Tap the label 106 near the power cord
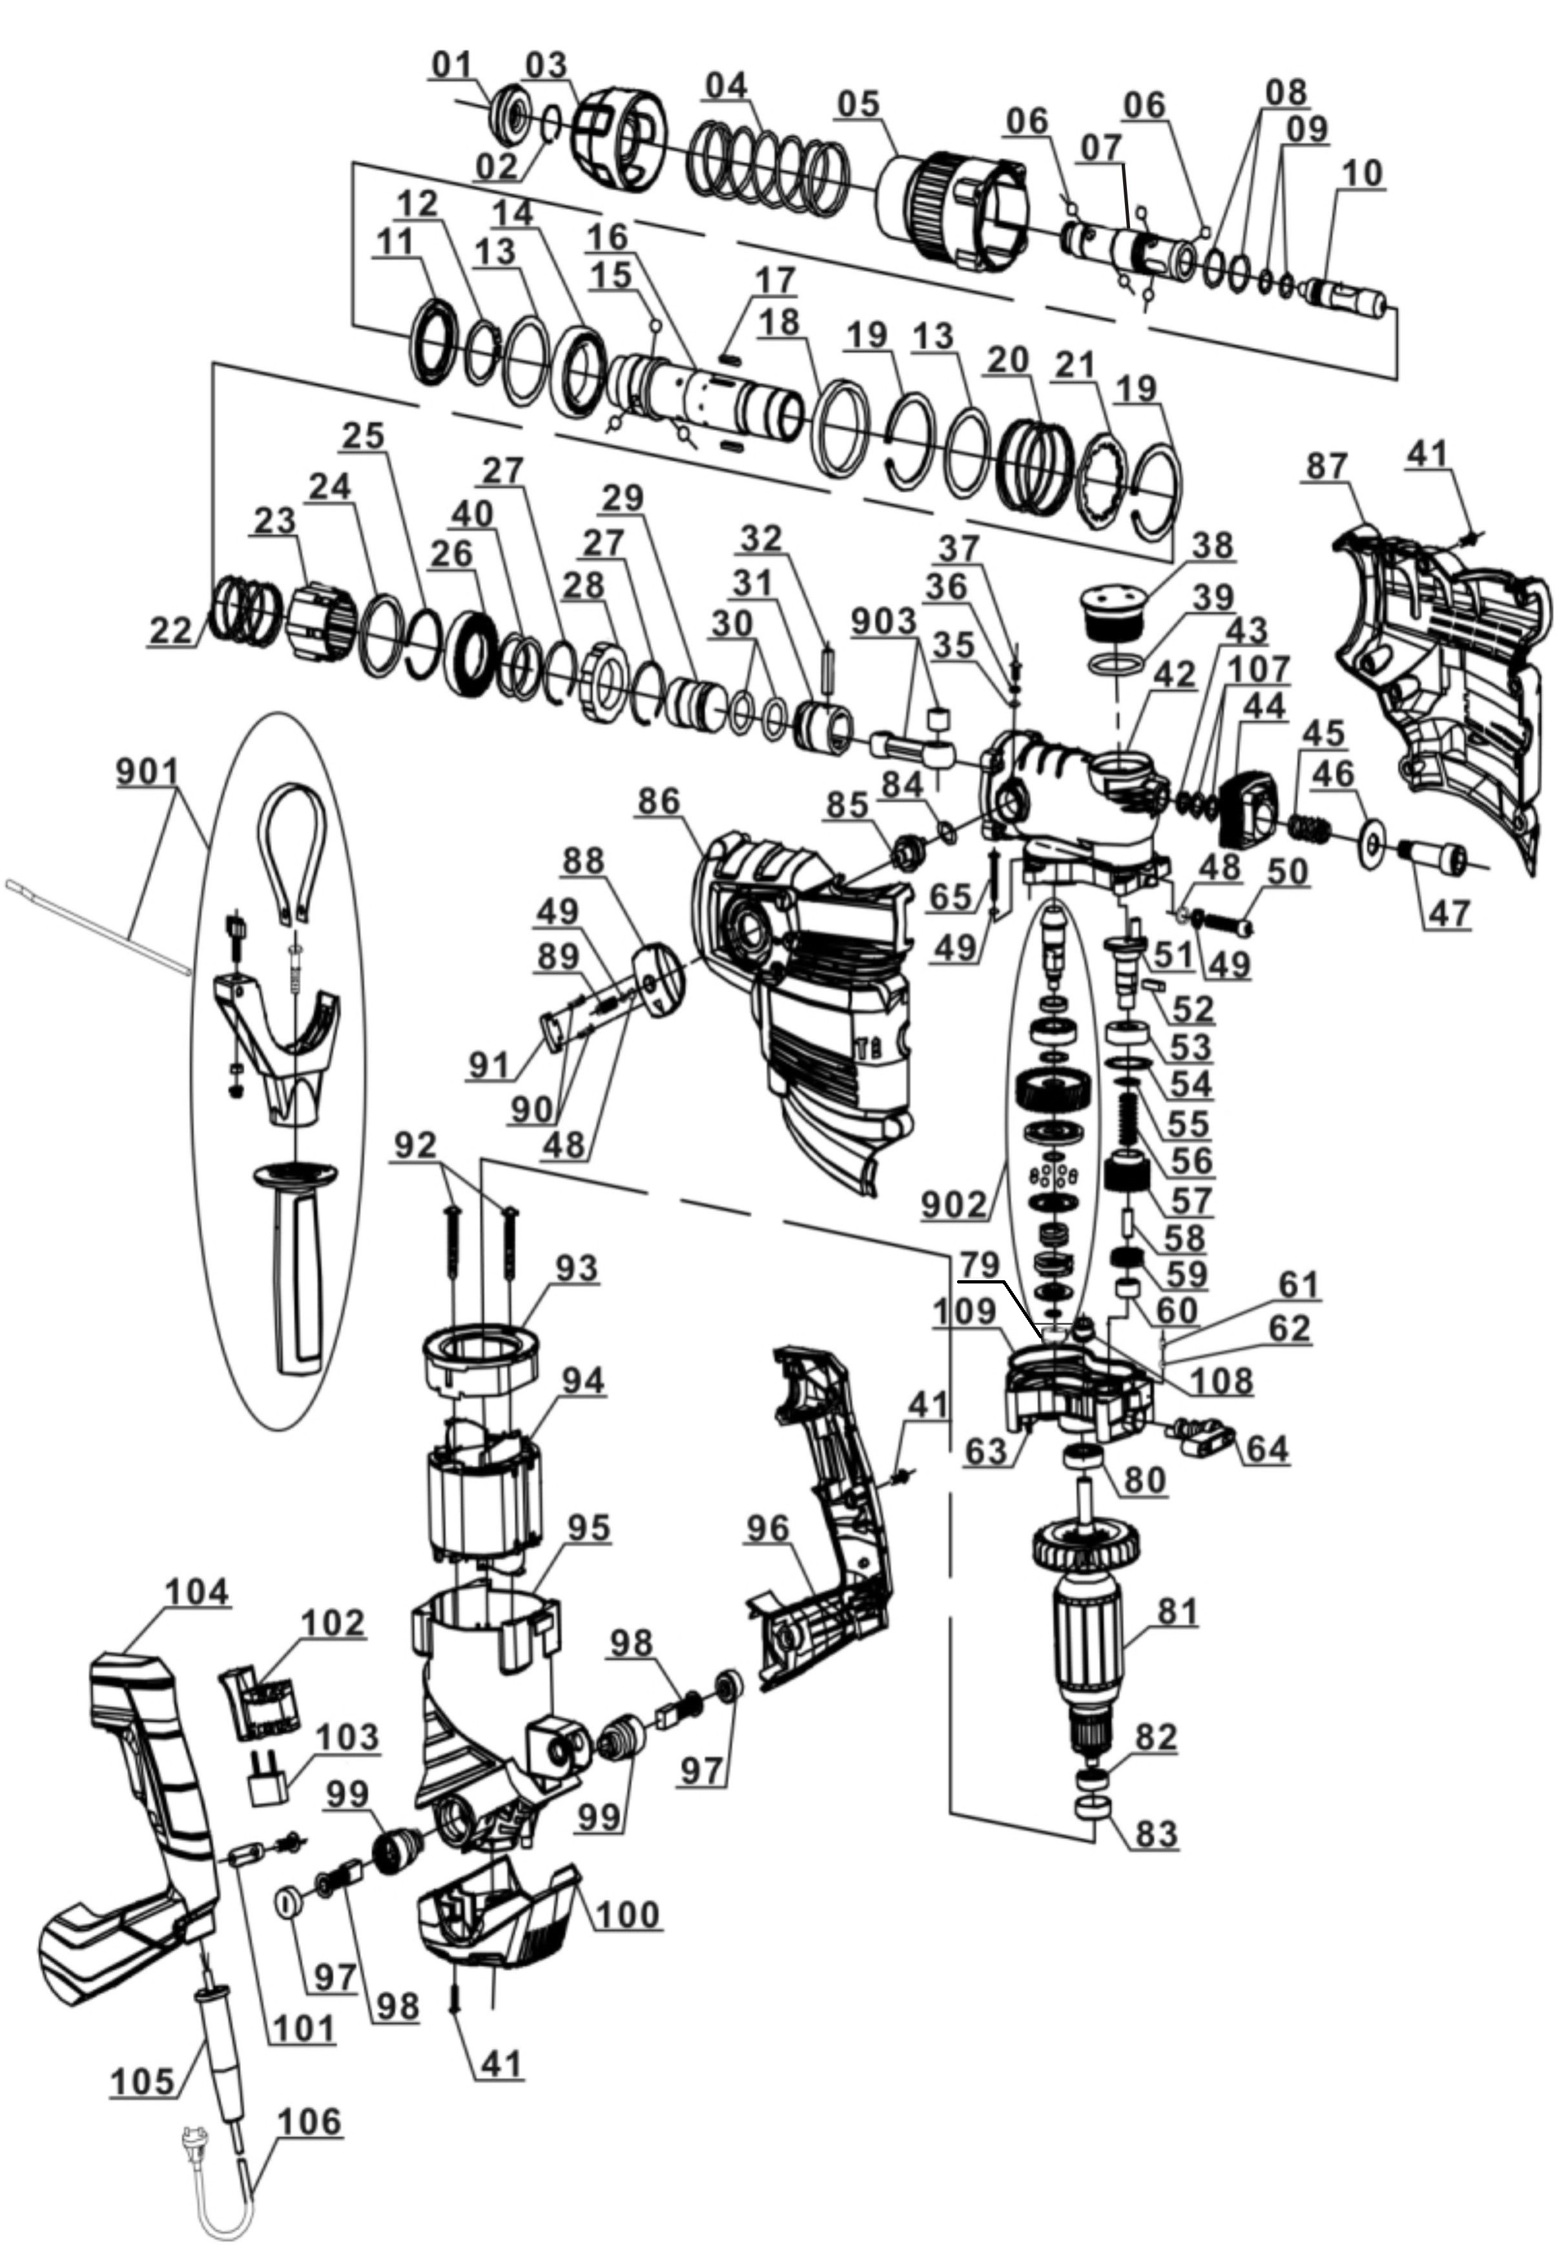[x=310, y=2121]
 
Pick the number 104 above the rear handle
[x=196, y=1592]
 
